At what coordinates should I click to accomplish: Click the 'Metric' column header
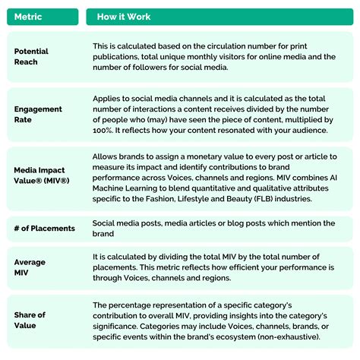pos(29,17)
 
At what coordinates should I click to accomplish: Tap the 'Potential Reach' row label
pos(32,57)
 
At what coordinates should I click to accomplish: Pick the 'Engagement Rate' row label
pos(38,114)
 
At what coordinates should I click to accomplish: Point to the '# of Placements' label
pos(45,228)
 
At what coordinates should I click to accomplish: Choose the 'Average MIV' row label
pos(30,267)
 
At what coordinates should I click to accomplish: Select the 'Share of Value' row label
pos(30,320)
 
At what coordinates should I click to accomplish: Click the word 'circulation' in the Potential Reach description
pos(231,46)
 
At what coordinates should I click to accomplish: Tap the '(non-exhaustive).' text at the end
pos(307,337)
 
